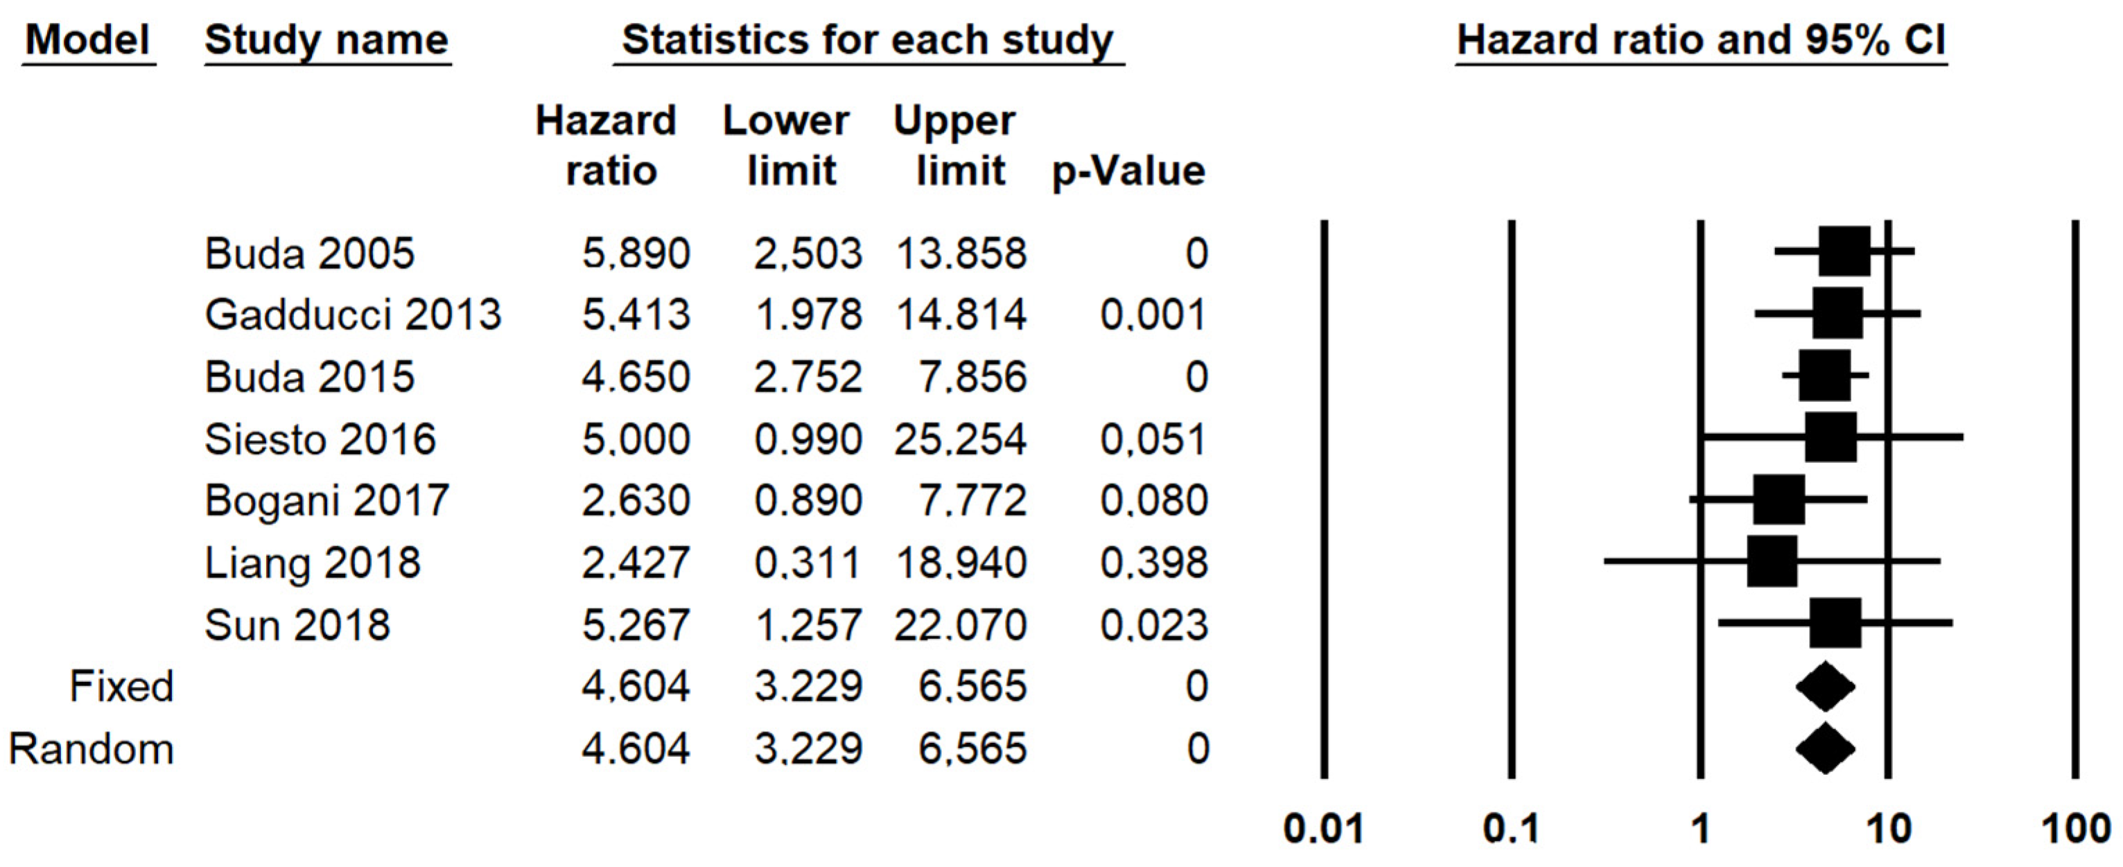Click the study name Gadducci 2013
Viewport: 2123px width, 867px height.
(353, 315)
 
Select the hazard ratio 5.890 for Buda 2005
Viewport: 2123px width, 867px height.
(636, 253)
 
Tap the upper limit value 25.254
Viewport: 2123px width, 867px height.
(960, 439)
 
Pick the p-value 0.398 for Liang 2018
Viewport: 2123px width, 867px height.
(1154, 563)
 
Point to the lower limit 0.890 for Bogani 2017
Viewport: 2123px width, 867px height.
(807, 500)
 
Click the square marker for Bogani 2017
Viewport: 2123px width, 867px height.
(1779, 500)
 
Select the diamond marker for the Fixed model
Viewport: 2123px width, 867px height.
(1826, 687)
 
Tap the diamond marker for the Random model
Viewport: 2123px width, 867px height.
(1826, 748)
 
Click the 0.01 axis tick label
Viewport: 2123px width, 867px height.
(1324, 828)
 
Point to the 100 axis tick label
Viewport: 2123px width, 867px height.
(2075, 828)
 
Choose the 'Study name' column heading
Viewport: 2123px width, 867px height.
(326, 40)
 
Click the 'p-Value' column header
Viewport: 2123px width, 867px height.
(1128, 171)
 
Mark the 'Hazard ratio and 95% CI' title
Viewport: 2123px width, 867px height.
(1701, 40)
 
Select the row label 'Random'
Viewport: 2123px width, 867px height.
(91, 749)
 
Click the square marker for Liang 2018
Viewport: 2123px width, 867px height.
(1772, 561)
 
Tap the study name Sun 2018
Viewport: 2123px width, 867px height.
(297, 624)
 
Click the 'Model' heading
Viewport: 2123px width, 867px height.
(87, 40)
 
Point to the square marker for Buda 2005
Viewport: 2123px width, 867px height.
(1844, 252)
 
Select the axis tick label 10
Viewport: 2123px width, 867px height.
(1888, 828)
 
